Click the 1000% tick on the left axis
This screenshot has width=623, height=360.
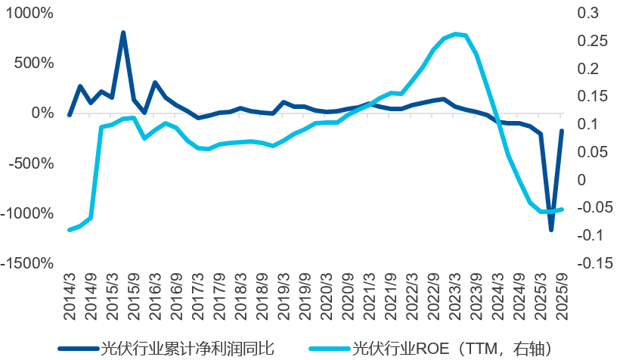[29, 14]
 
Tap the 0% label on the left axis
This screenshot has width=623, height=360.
[41, 113]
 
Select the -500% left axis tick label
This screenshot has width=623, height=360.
[31, 163]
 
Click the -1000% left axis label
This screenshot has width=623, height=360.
[27, 213]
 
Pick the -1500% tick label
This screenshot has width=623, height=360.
[27, 263]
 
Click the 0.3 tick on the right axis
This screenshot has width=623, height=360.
[587, 14]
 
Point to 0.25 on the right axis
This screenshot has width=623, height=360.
[591, 41]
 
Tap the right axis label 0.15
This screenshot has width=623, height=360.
[591, 96]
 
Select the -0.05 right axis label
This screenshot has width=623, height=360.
[594, 207]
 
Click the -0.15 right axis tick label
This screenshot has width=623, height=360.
[594, 263]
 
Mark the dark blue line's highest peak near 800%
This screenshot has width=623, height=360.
[122, 33]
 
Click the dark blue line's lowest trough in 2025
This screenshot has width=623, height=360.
[551, 229]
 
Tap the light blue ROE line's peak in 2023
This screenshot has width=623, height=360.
[454, 34]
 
